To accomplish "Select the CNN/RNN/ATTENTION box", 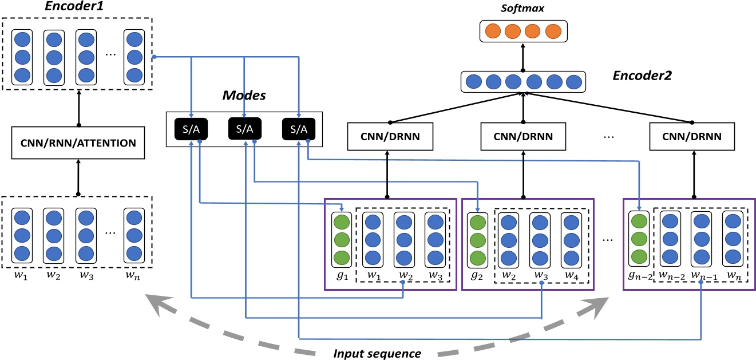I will tap(78, 143).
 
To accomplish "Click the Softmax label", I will tap(523, 9).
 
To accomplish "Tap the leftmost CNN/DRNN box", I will tap(389, 137).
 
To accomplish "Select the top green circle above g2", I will tap(476, 221).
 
